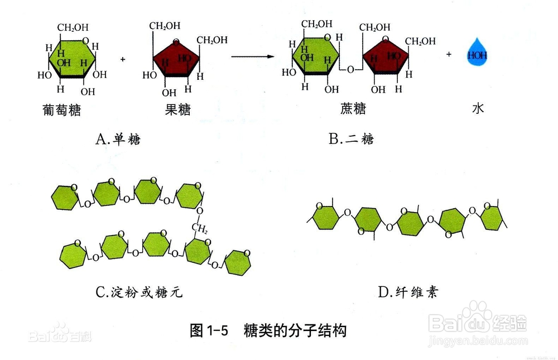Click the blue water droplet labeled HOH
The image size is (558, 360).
click(x=477, y=54)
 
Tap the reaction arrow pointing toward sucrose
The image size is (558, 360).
click(x=253, y=56)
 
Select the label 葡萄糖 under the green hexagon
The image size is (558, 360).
click(x=61, y=110)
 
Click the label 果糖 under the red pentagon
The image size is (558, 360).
click(x=177, y=109)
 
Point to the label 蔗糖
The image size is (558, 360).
click(x=353, y=108)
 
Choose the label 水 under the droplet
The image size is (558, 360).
click(x=478, y=108)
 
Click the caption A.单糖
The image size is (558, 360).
click(x=118, y=139)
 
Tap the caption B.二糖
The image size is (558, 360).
click(x=351, y=138)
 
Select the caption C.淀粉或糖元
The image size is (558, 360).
click(x=139, y=292)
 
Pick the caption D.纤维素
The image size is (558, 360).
click(x=408, y=292)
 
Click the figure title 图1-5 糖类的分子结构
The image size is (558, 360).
click(x=268, y=331)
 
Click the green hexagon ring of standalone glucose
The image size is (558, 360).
click(x=72, y=57)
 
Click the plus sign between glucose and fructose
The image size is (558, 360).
click(x=123, y=59)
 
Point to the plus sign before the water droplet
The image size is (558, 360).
click(x=449, y=54)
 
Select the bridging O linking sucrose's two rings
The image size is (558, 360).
click(x=350, y=70)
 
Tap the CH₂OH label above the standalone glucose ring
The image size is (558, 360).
click(x=73, y=28)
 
